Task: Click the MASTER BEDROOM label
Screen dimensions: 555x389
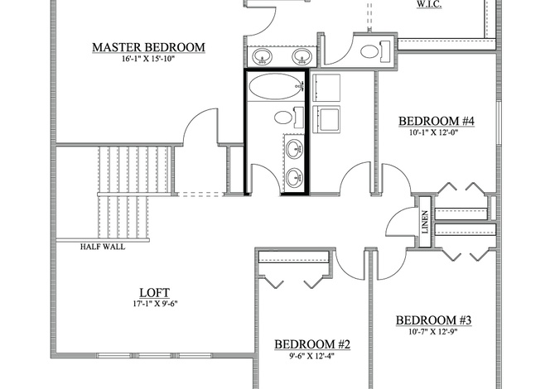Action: [x=148, y=47]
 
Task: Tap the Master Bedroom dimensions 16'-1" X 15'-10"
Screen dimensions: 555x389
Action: [x=148, y=59]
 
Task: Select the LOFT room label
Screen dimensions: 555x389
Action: [x=155, y=293]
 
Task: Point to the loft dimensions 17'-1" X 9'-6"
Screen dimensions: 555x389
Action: [x=155, y=304]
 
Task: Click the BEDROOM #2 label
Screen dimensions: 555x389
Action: [x=312, y=344]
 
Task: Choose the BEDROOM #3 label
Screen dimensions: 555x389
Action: [x=433, y=320]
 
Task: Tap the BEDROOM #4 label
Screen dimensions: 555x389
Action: [x=437, y=122]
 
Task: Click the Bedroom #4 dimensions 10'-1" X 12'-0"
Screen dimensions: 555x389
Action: [x=437, y=132]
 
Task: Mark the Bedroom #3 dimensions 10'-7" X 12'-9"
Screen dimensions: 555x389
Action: [x=433, y=332]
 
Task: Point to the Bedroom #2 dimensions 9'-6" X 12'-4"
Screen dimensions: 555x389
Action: [x=311, y=356]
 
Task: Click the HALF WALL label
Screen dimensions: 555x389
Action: [x=103, y=247]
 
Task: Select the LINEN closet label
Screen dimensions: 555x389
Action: [x=425, y=222]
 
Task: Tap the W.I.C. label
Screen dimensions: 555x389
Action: [x=429, y=5]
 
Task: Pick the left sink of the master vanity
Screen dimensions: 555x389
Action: [x=262, y=56]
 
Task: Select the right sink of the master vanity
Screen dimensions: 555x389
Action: [x=302, y=56]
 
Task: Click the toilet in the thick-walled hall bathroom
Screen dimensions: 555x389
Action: [x=288, y=118]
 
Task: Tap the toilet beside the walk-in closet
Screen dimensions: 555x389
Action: [x=375, y=51]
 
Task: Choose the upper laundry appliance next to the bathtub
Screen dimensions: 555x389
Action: [x=326, y=88]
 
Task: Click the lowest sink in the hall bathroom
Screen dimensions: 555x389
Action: [x=295, y=177]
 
